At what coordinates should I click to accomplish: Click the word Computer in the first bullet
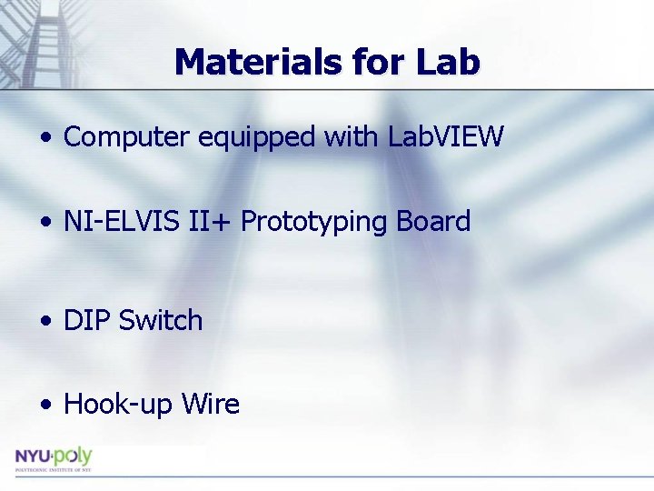[x=127, y=137]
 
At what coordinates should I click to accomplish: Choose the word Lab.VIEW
[x=445, y=137]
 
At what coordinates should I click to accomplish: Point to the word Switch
[x=161, y=320]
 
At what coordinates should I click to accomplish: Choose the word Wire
[x=209, y=404]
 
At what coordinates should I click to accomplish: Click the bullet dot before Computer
[x=45, y=139]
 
